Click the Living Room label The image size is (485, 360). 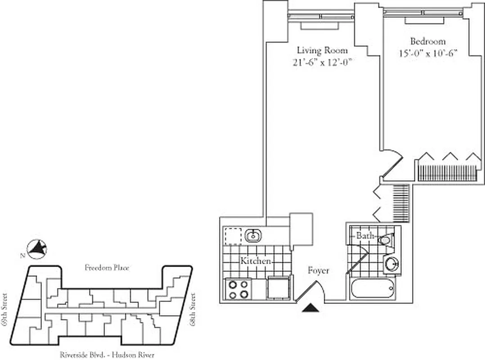[322, 50]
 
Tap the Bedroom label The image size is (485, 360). [427, 41]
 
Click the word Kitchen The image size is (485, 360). [255, 261]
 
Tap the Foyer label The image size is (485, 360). [318, 270]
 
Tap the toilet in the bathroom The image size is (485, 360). [386, 239]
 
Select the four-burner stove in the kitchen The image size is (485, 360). [238, 289]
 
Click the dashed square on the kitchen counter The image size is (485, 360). [233, 235]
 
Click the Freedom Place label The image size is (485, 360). [107, 268]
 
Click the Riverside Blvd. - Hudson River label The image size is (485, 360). [107, 355]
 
